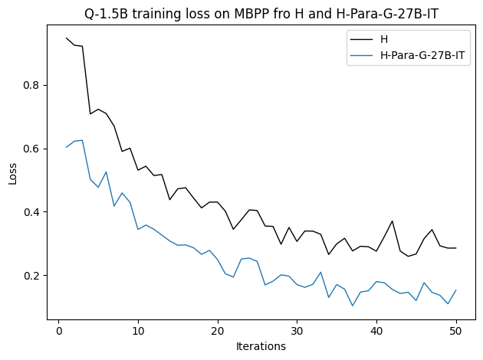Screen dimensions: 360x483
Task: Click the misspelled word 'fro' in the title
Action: click(258, 11)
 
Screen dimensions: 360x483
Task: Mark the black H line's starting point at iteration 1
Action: click(67, 38)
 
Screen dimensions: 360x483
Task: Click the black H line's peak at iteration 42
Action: click(393, 221)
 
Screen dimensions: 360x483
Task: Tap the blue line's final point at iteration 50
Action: click(456, 290)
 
